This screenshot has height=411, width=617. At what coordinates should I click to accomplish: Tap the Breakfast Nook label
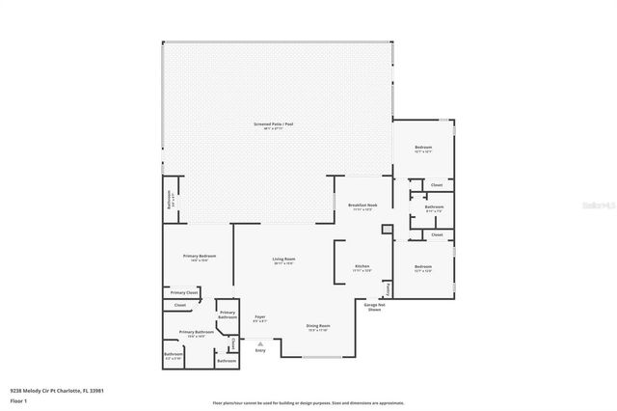[362, 206]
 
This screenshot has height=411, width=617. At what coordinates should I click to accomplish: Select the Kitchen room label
[362, 267]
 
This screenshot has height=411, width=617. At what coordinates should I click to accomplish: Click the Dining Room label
[318, 327]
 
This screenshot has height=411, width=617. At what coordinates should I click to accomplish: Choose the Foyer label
[259, 317]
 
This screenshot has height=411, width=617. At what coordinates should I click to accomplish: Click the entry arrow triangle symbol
[259, 342]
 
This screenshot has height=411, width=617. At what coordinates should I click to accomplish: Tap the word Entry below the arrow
[259, 350]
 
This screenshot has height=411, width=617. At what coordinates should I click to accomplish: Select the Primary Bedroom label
[196, 257]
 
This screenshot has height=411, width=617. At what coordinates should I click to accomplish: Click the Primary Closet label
[184, 292]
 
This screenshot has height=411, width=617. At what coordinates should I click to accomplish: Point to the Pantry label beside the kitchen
[389, 288]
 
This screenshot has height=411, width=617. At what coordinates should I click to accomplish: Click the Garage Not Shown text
[374, 308]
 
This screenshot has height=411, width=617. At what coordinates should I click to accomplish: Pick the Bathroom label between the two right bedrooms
[434, 207]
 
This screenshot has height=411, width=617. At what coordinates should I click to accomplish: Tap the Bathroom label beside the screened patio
[170, 201]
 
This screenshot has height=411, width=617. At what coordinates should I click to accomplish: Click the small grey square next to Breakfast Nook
[387, 230]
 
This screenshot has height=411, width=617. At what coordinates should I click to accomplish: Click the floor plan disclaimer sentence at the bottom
[308, 402]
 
